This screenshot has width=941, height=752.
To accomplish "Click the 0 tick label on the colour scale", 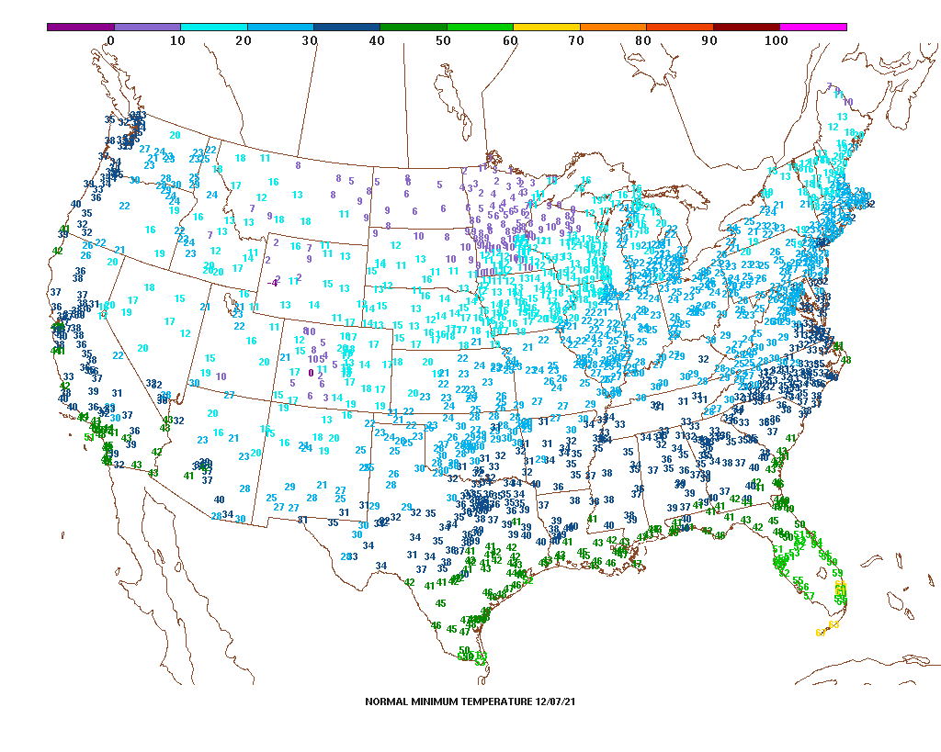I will click(x=111, y=40).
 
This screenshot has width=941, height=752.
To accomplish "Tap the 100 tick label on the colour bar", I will click(x=777, y=40).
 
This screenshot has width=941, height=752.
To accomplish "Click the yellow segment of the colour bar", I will click(x=547, y=28).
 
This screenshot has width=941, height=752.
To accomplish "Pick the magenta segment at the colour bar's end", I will click(x=813, y=28).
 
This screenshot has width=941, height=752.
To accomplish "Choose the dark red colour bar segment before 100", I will click(x=746, y=28).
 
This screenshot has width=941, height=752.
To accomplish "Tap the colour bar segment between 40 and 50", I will click(x=414, y=28).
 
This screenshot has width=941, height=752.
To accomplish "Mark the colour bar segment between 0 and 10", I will click(x=147, y=28).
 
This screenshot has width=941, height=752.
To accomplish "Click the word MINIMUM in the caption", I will click(x=436, y=701).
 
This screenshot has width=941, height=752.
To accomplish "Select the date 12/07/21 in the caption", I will click(x=556, y=701).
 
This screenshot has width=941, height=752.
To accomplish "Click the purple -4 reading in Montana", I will click(x=273, y=283).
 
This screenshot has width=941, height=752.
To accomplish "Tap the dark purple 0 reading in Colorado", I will click(x=311, y=373).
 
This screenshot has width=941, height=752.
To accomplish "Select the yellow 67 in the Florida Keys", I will click(x=820, y=633).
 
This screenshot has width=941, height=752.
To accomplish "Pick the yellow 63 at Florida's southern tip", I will click(x=834, y=625).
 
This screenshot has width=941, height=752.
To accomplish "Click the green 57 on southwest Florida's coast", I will click(x=809, y=596).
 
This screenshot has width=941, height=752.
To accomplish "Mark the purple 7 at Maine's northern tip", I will click(x=829, y=86).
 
